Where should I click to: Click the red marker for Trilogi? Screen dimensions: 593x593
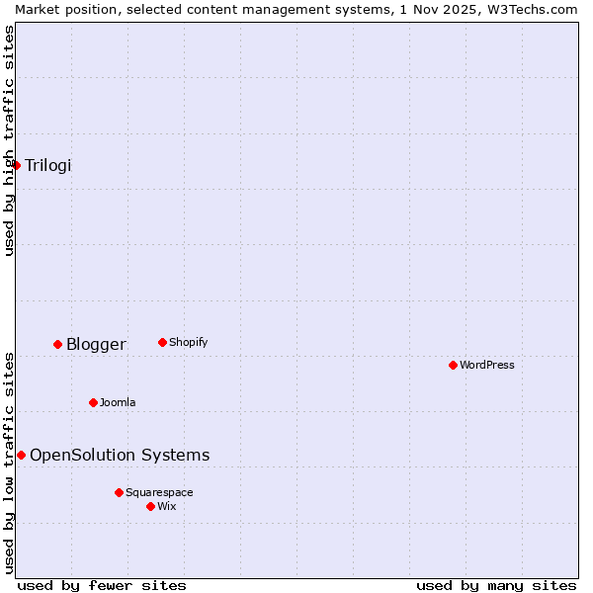(16, 165)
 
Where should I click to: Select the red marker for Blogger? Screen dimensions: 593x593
(57, 344)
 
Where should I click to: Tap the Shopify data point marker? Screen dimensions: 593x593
(162, 342)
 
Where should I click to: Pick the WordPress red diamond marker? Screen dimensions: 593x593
(453, 365)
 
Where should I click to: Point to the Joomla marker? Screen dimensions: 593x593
(93, 402)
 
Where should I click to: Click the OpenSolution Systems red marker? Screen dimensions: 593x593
(21, 455)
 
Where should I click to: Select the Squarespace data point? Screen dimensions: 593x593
(119, 492)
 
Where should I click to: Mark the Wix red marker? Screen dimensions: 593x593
(150, 506)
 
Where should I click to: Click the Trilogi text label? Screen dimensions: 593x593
(48, 165)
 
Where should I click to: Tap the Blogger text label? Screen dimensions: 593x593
(96, 344)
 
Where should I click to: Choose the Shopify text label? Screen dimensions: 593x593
(188, 342)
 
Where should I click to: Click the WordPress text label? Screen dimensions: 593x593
(486, 365)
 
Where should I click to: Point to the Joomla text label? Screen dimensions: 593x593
(118, 402)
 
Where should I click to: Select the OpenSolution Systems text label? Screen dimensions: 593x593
(120, 455)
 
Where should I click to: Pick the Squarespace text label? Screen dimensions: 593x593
(159, 492)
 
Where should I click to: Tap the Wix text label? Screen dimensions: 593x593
(166, 506)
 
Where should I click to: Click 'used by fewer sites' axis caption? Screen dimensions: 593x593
(102, 585)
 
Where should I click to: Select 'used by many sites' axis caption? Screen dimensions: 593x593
(496, 585)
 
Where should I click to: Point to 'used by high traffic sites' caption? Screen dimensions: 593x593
(9, 140)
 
